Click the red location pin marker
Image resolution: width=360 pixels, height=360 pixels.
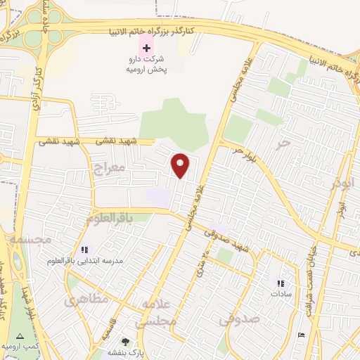click(x=181, y=166)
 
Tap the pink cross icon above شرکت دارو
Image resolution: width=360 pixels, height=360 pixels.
click(x=146, y=47)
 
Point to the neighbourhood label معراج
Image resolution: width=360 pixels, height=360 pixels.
click(x=108, y=168)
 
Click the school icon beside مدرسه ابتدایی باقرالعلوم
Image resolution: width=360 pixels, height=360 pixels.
click(x=84, y=250)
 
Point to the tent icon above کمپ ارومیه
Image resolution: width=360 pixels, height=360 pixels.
click(x=19, y=336)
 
